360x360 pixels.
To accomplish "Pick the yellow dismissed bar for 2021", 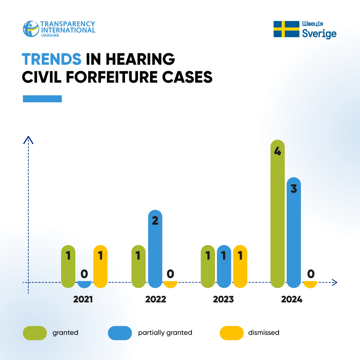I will pos(100,266).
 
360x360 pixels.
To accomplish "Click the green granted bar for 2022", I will pos(138,266).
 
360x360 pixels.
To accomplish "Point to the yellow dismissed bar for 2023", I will pos(240,266).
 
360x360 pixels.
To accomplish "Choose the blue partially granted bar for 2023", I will pos(224,266).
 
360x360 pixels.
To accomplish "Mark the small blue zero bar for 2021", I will pos(84,284).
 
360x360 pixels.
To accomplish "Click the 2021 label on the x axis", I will pos(83,299).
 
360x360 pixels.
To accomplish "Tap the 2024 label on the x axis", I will pos(292,299).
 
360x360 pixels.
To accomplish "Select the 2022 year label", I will pos(156,299).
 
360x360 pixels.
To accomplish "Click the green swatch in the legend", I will pos(35,333).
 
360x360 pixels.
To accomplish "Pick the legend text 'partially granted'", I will pos(165,333).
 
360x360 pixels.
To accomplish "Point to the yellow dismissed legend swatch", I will pos(232,333).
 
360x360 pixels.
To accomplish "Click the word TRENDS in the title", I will pos(52,59).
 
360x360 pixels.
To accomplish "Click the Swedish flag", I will pos(286,29).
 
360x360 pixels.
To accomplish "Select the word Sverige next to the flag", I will pos(319,34).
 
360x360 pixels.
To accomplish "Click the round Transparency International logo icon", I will pos(31,29).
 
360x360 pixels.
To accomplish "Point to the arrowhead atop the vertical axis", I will pos(28,140).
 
